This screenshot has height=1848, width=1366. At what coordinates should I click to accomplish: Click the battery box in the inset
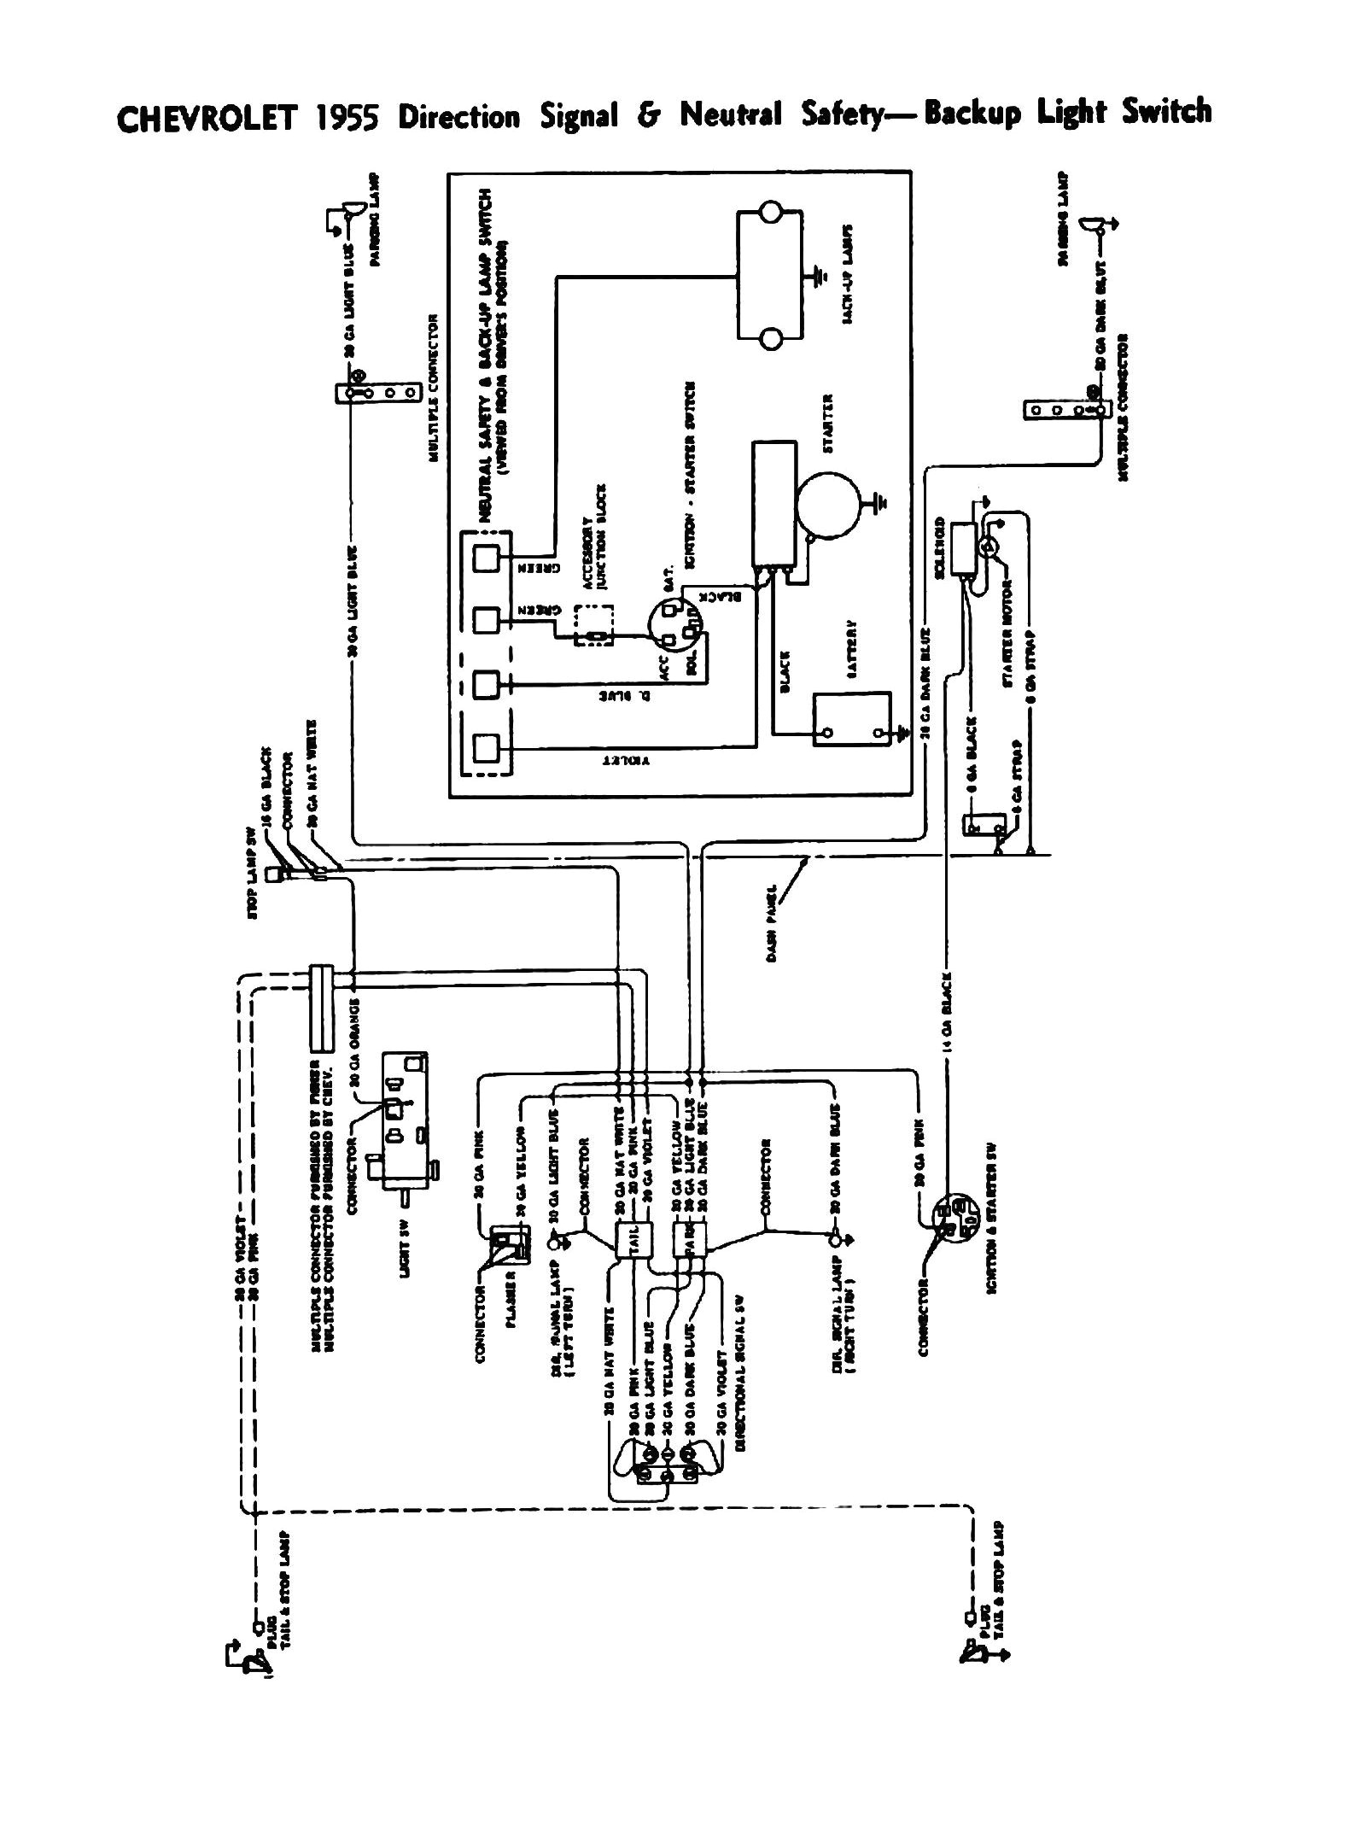pyautogui.click(x=852, y=718)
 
